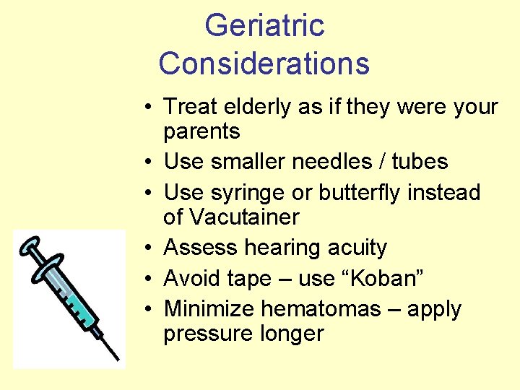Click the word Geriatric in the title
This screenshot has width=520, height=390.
[x=264, y=26]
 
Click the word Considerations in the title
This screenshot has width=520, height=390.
[x=264, y=63]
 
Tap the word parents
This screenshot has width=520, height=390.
[x=201, y=131]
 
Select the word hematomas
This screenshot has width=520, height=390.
[x=322, y=308]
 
